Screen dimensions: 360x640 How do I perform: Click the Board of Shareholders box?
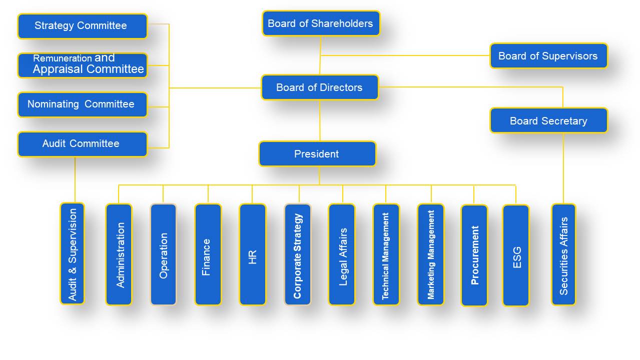click(x=321, y=23)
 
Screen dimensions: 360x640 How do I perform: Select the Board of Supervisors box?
click(x=548, y=56)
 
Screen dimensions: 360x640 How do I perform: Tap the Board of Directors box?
click(x=320, y=87)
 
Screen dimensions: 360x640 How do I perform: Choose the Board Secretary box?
click(x=548, y=121)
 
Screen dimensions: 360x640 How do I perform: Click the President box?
click(x=317, y=154)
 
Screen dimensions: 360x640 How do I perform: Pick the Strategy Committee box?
click(x=83, y=26)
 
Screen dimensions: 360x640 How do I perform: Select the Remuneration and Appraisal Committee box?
click(x=83, y=65)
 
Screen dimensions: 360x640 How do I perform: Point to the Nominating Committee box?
click(x=83, y=104)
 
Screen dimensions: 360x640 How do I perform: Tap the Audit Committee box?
click(x=83, y=144)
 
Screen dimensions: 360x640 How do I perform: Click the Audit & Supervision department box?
click(x=73, y=253)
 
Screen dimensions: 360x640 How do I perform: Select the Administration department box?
click(x=119, y=254)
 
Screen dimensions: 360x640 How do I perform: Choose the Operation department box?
click(x=164, y=254)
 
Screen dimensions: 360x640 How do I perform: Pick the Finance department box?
click(x=208, y=254)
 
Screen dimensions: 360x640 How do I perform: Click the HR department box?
click(x=253, y=254)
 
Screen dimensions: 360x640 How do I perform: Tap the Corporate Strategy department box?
click(x=298, y=254)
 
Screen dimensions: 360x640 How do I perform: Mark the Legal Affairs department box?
click(x=342, y=254)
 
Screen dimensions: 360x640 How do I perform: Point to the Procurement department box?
click(x=474, y=255)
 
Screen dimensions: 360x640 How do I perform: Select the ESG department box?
click(x=516, y=255)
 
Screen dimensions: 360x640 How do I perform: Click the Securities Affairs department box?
click(x=563, y=254)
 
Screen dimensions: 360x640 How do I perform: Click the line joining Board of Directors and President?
click(x=320, y=120)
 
